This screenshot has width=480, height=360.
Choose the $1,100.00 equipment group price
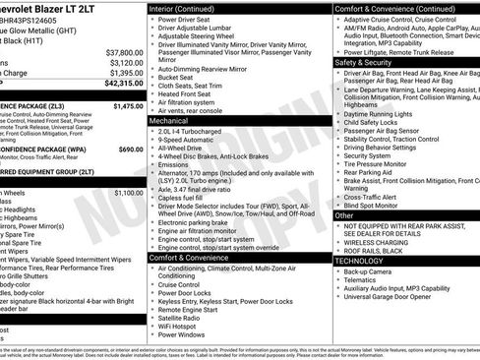[128, 193]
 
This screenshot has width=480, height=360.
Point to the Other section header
[344, 214]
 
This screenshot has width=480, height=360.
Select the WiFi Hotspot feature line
[184, 326]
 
